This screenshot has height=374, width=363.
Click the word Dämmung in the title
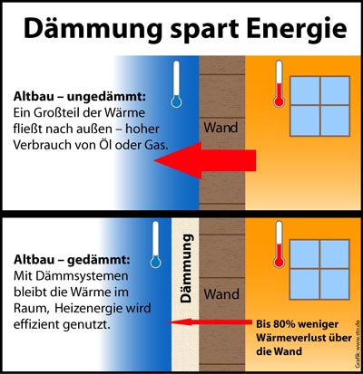[93, 28]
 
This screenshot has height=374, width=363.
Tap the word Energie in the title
[297, 29]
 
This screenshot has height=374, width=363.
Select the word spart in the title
[205, 30]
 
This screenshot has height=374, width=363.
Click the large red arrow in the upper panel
[205, 160]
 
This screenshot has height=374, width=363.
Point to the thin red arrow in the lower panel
[210, 322]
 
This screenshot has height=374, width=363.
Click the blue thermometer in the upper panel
[176, 84]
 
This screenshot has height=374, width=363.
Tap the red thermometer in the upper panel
[279, 83]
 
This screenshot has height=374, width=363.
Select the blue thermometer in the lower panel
[155, 245]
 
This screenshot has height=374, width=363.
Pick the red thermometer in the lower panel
[279, 245]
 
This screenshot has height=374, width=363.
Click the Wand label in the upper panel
[221, 128]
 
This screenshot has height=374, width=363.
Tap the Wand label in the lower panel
[221, 294]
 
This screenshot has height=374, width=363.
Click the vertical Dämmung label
[186, 268]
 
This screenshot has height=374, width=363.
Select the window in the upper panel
[320, 106]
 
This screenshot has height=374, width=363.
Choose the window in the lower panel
[319, 269]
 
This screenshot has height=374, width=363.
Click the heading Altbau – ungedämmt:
[80, 97]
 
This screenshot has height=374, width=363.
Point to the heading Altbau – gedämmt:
[72, 260]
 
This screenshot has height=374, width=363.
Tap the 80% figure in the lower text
[284, 324]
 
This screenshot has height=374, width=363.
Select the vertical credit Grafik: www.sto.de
[358, 344]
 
